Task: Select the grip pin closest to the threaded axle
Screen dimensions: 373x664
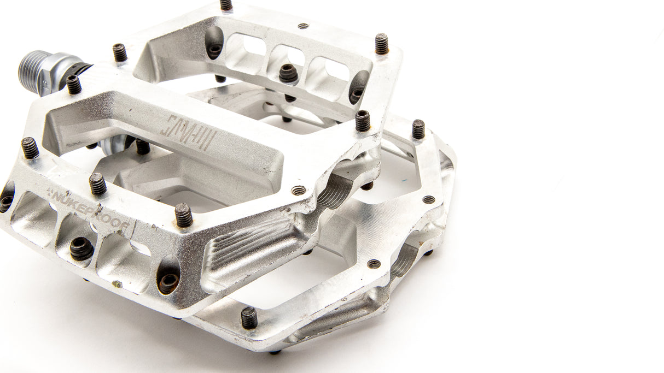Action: [73, 85]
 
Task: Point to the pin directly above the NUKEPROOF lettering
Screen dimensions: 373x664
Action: [98, 184]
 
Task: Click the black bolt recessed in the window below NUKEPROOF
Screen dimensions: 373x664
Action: [81, 248]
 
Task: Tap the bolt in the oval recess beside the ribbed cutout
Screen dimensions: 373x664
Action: [168, 281]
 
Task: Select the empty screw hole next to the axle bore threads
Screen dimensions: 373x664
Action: [299, 191]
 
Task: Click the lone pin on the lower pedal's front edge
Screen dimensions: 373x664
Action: [249, 317]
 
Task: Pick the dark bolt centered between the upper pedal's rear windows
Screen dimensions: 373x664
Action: [288, 73]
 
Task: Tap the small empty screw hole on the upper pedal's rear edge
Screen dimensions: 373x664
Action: [302, 26]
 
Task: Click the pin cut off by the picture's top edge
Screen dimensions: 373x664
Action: [226, 5]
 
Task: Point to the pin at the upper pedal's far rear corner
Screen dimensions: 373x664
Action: [382, 44]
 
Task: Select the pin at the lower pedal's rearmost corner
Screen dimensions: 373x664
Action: [418, 129]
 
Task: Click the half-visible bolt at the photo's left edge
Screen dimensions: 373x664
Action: [5, 202]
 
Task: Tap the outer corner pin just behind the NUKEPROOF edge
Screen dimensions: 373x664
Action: [30, 148]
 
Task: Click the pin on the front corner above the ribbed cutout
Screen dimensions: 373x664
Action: [184, 215]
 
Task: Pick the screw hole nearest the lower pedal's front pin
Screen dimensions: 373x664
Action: [374, 264]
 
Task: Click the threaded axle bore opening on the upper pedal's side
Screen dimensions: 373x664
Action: [335, 191]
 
